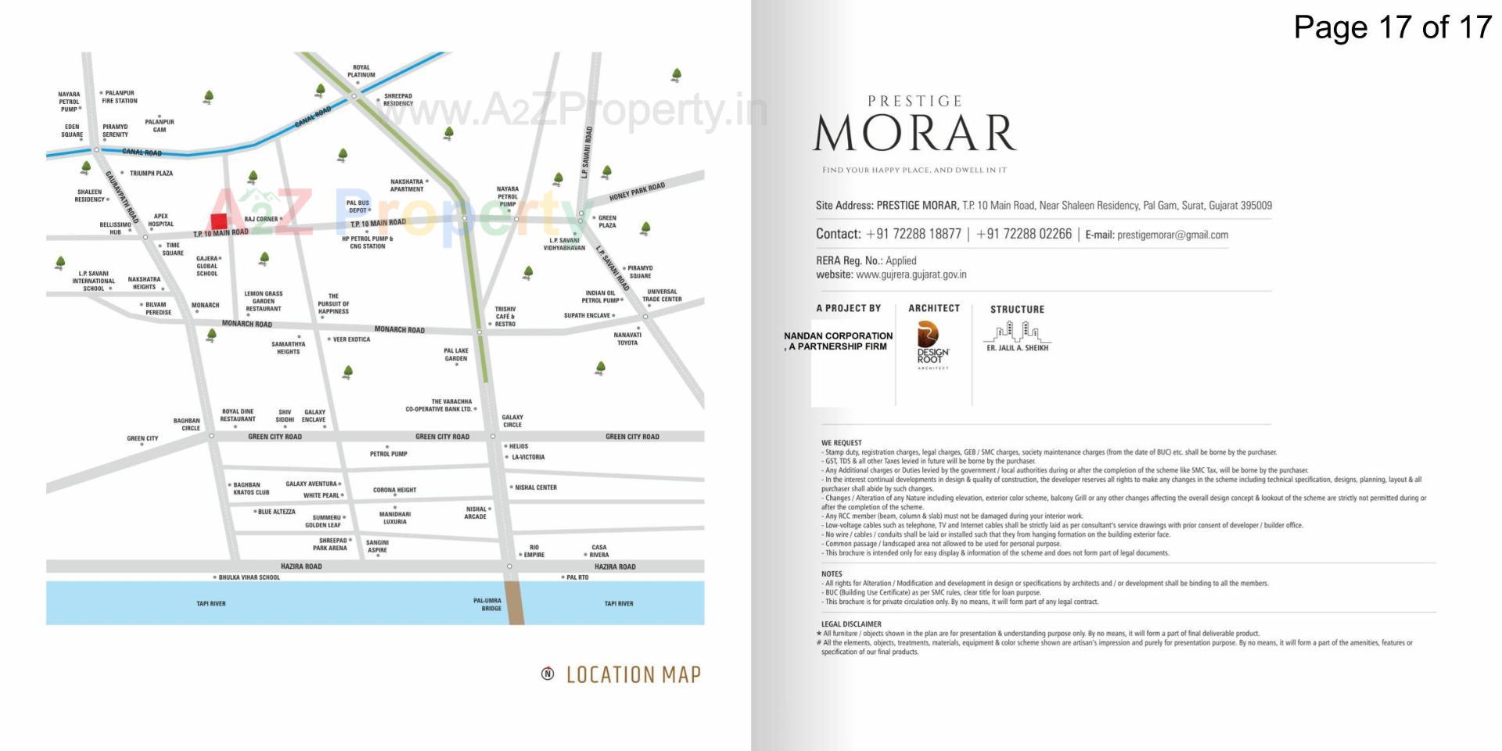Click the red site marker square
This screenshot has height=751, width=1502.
coord(219,221)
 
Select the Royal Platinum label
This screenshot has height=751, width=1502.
coord(361,71)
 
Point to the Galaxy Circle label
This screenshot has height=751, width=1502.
coord(512,421)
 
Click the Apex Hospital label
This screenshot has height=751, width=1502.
coord(161,220)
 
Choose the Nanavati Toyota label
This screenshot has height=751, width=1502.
coord(627,339)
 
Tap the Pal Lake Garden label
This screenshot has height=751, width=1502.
coord(456,355)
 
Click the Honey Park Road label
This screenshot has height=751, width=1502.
coord(637,191)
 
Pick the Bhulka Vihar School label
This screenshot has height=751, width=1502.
coord(249,577)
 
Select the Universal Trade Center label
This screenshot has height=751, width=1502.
coord(662,295)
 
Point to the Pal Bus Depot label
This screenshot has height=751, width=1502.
coord(358,207)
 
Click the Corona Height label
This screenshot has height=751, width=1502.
coord(394,490)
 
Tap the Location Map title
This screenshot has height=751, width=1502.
coord(633,674)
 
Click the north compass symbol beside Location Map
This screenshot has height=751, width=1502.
coord(548,674)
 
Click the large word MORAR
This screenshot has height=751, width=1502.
coord(914,133)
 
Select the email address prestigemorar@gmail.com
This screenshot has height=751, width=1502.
coord(1172,235)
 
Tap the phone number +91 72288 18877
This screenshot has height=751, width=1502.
coord(913,234)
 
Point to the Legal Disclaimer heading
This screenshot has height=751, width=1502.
coord(851,624)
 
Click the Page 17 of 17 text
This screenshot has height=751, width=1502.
coord(1392,27)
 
